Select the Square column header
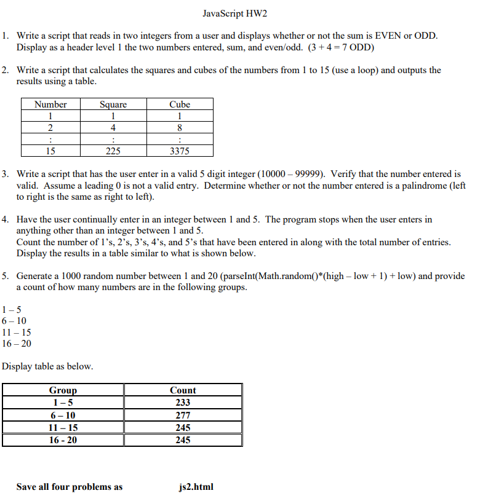[x=113, y=104]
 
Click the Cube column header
[x=180, y=104]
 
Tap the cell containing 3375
[x=180, y=151]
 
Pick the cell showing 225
[x=113, y=151]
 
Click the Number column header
[x=50, y=104]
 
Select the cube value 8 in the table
[x=180, y=128]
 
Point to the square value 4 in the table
[x=113, y=128]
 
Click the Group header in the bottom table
[x=63, y=390]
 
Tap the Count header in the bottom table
[x=183, y=390]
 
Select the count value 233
[x=183, y=403]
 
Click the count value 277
[x=183, y=415]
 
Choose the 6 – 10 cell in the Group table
[x=63, y=415]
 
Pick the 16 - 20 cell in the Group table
[x=63, y=440]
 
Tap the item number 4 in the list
[x=5, y=219]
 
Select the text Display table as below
[x=48, y=366]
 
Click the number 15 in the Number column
[x=50, y=151]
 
